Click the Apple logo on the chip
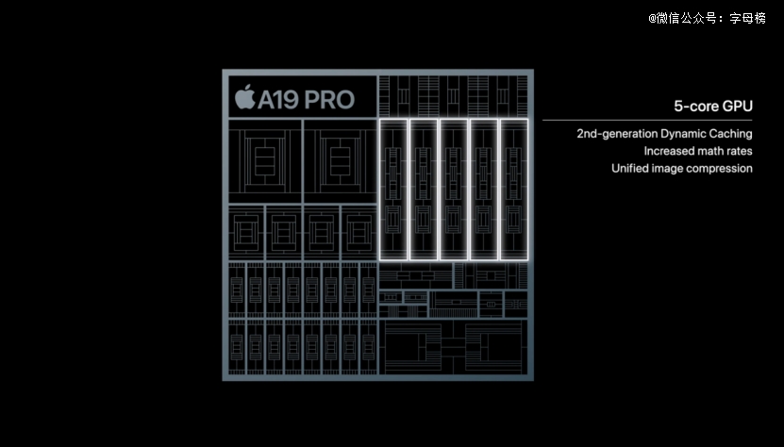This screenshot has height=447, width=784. pos(245,96)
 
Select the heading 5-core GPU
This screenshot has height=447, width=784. pos(712,108)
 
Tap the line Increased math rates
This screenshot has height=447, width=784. pos(698,151)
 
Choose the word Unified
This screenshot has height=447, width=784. pos(631,168)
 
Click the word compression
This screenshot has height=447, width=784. pos(720,168)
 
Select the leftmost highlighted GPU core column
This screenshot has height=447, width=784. pos(392,190)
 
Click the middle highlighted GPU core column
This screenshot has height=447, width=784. pos(453,190)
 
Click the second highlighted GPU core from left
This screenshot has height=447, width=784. pos(423,190)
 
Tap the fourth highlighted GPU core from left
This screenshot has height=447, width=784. pos(483,190)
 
